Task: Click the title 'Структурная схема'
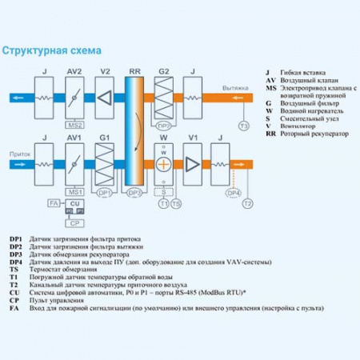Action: [52, 50]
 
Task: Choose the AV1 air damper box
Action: [74, 164]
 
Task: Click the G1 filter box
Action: [105, 164]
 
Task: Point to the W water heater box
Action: [163, 164]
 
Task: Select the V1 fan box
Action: [192, 164]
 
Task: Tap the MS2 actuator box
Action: [74, 126]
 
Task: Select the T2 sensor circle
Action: [248, 205]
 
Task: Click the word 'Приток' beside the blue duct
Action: [19, 152]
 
